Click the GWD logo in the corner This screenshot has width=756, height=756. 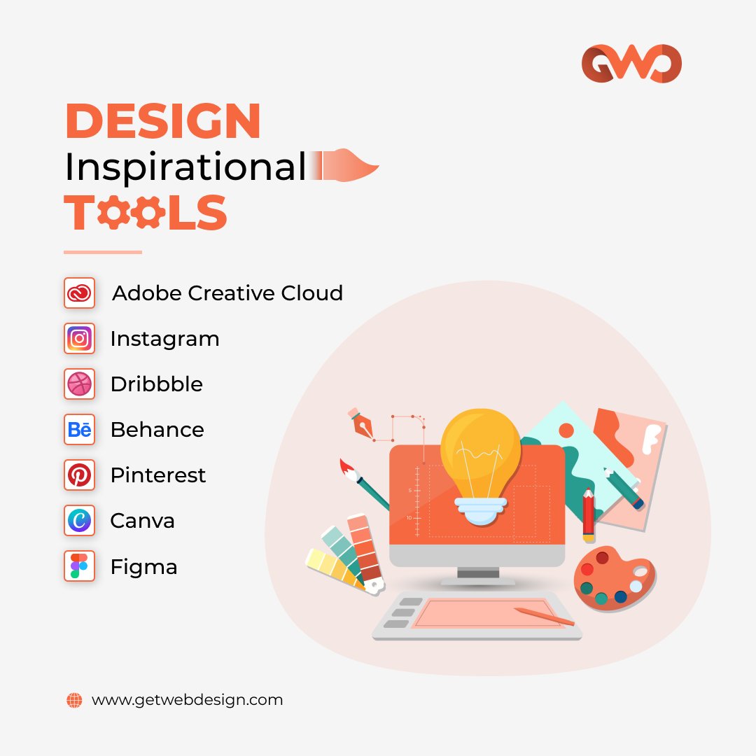631,64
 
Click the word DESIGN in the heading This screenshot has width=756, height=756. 162,121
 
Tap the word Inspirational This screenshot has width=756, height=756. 185,167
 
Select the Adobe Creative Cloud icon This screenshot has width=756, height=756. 79,293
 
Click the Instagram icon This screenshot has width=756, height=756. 79,339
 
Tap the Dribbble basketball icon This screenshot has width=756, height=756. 79,384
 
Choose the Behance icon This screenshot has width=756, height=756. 79,430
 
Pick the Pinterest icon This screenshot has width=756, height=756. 79,475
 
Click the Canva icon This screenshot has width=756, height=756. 79,521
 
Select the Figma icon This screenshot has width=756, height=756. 79,566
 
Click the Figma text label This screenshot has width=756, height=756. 143,566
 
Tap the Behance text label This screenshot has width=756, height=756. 157,430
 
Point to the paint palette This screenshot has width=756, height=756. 614,579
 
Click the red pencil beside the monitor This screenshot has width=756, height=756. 588,515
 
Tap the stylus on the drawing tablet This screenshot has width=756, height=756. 544,617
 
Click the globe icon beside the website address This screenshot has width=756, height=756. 74,700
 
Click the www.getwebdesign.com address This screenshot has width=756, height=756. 187,700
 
